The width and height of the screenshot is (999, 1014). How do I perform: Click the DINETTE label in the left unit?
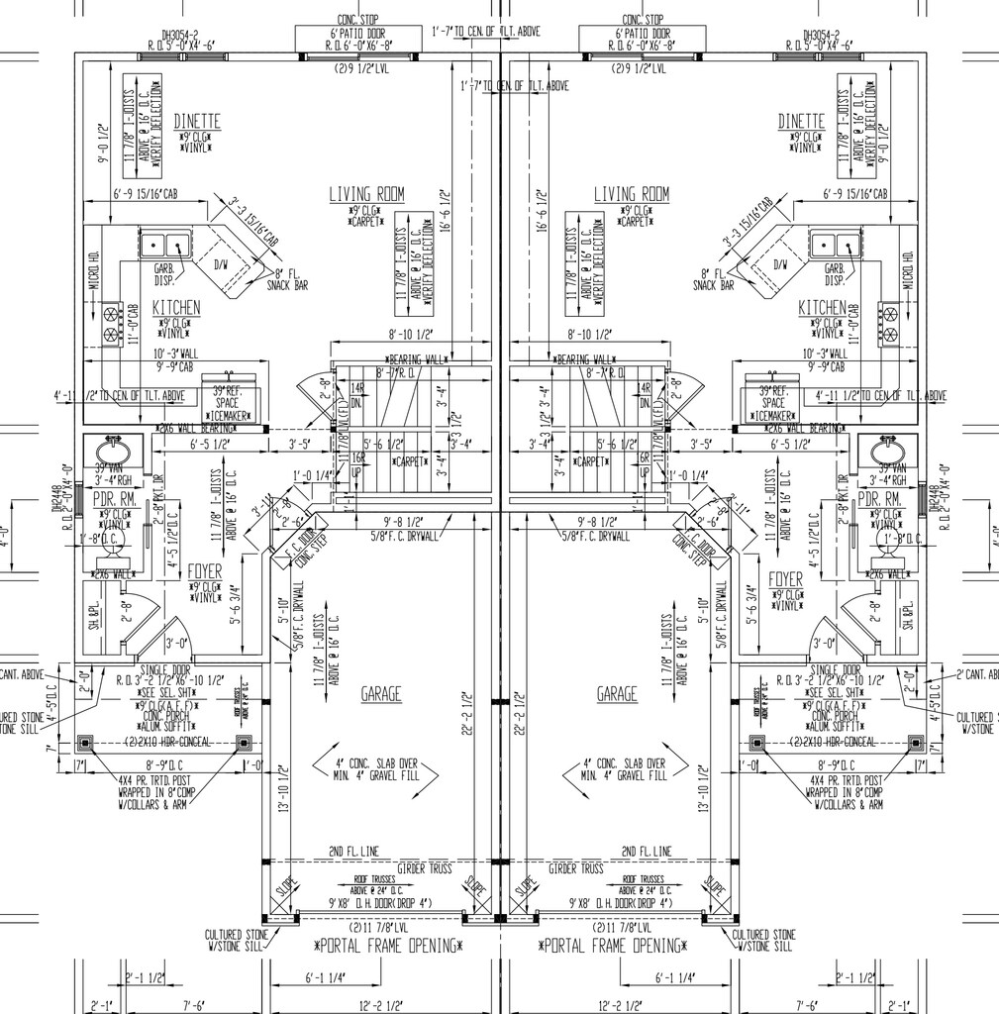tap(197, 121)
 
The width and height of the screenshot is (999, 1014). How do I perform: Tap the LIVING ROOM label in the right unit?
tap(631, 194)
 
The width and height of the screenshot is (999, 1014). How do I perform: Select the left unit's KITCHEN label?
tap(176, 308)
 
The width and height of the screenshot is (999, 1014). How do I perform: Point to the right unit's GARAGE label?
tap(617, 695)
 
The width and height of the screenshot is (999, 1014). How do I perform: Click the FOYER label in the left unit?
tap(205, 573)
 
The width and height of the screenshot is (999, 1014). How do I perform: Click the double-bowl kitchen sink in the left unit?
tap(165, 243)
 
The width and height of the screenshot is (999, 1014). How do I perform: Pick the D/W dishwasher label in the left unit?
tap(222, 264)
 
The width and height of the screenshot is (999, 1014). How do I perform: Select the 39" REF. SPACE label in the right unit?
tap(773, 397)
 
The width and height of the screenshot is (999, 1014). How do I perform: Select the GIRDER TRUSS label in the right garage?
tap(577, 868)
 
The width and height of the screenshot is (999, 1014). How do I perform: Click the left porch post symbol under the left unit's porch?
tap(85, 742)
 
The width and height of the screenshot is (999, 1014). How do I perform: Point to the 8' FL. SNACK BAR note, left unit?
tap(287, 280)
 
